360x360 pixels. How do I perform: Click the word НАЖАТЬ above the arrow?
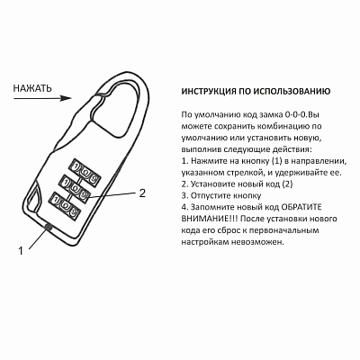coord(31,88)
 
